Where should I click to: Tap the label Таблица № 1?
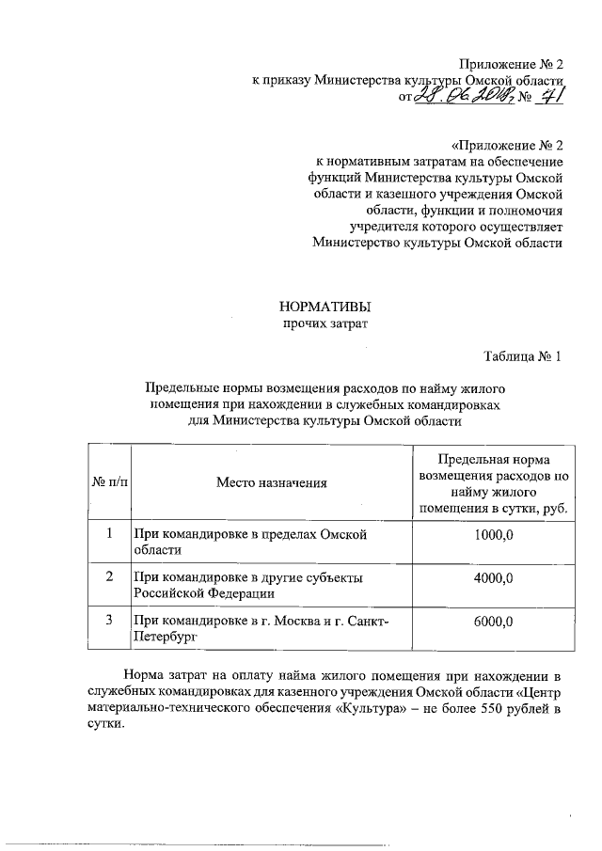coord(524,356)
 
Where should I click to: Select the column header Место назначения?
coord(272,483)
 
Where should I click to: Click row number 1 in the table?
coord(108,534)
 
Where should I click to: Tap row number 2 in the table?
coord(108,576)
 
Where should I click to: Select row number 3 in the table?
coord(108,620)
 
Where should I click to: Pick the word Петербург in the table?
coord(165,638)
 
